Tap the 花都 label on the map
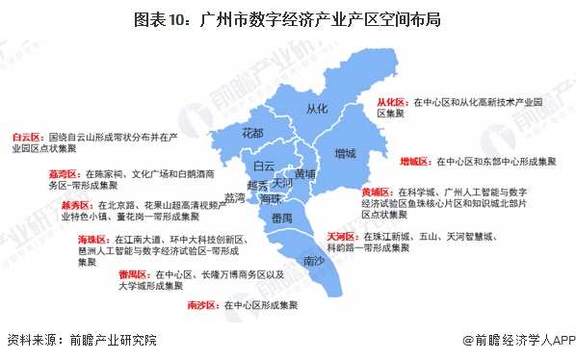click(x=253, y=132)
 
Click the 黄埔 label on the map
click(x=305, y=174)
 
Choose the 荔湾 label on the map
click(x=234, y=198)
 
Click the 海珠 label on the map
click(x=271, y=198)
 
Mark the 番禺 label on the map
click(x=281, y=220)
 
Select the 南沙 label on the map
click(x=313, y=261)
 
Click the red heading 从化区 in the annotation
click(x=391, y=100)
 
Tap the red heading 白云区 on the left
click(x=28, y=138)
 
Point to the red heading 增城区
click(x=416, y=162)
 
